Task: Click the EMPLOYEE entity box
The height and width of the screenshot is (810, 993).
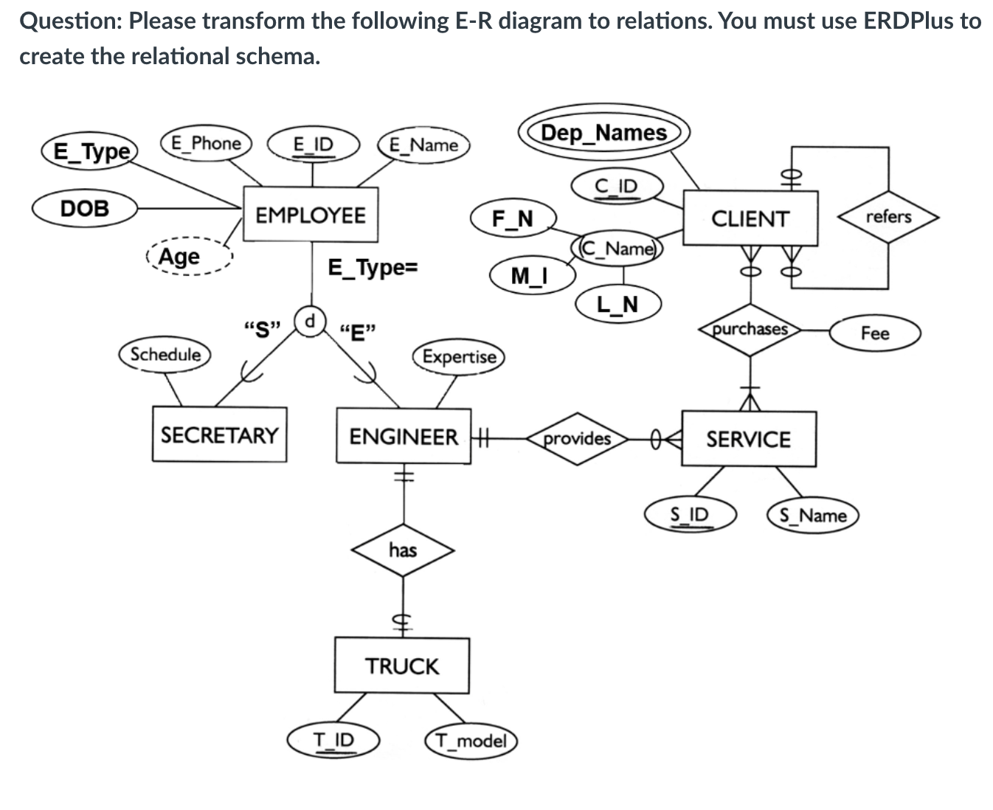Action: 311,215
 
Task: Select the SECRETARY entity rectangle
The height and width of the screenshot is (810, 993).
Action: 220,435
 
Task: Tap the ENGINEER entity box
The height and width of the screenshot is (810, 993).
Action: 404,436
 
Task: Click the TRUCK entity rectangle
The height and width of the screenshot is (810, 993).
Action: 402,665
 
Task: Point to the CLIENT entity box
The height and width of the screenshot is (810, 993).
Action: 750,218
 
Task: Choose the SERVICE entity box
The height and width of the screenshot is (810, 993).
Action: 748,439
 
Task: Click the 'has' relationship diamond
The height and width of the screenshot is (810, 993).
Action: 403,550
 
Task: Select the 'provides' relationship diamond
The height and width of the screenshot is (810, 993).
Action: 577,439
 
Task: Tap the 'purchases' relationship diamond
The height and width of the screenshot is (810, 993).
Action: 750,329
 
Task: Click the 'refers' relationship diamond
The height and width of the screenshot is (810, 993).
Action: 888,217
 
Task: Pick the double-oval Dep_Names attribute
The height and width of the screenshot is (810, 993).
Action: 604,133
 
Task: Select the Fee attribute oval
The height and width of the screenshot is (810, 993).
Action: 875,333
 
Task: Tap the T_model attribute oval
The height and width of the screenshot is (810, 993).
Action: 471,740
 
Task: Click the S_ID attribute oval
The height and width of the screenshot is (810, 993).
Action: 690,514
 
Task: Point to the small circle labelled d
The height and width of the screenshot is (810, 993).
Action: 311,321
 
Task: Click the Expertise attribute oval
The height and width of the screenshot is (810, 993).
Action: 459,357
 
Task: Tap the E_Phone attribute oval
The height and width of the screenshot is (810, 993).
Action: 206,143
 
